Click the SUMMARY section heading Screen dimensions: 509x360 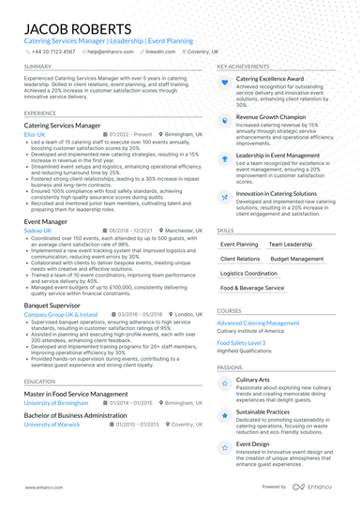(38, 67)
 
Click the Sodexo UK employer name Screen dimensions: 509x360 (38, 230)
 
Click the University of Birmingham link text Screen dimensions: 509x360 (55, 403)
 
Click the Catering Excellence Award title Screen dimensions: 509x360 (270, 80)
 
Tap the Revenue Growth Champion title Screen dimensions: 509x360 (276, 118)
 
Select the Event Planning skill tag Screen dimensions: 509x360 (239, 244)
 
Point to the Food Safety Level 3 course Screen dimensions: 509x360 (241, 343)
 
